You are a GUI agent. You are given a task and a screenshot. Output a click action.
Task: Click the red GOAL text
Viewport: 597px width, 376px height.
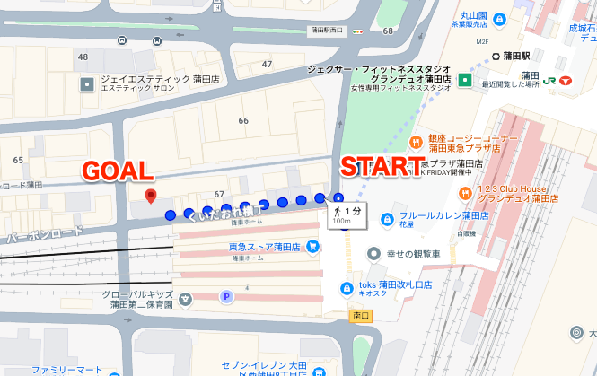pyautogui.click(x=118, y=171)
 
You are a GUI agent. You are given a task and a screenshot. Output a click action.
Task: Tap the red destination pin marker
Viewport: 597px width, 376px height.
pyautogui.click(x=151, y=196)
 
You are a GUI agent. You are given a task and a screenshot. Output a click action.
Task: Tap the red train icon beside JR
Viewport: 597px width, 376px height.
pyautogui.click(x=565, y=81)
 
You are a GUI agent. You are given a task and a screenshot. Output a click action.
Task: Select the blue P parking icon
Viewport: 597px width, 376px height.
pyautogui.click(x=226, y=296)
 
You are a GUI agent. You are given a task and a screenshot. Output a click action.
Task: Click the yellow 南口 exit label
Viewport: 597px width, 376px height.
pyautogui.click(x=361, y=315)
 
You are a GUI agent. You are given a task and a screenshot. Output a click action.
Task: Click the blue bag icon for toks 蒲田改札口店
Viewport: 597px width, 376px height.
pyautogui.click(x=347, y=287)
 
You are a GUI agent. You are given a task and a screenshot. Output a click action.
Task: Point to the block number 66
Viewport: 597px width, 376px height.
pyautogui.click(x=243, y=120)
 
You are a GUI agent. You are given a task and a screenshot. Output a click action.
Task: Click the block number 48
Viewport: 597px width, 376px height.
pyautogui.click(x=83, y=57)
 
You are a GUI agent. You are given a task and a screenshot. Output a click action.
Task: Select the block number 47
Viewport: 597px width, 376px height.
pyautogui.click(x=267, y=65)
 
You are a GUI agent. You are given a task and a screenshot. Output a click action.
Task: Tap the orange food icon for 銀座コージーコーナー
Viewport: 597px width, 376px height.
pyautogui.click(x=416, y=142)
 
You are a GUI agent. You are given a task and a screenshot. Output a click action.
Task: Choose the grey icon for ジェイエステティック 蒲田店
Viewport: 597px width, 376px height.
pyautogui.click(x=87, y=84)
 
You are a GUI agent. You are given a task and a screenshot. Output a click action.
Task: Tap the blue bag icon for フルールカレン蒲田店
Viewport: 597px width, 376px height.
pyautogui.click(x=386, y=219)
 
